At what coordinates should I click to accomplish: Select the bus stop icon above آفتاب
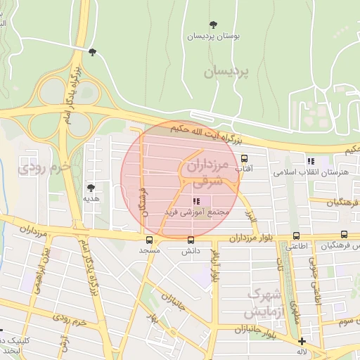click(x=244, y=158)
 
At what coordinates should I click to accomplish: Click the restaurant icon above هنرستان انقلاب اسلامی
click(x=310, y=162)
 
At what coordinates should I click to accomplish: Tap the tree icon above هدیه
click(x=90, y=188)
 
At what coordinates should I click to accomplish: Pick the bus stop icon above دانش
click(x=191, y=239)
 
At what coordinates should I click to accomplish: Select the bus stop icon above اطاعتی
click(x=295, y=236)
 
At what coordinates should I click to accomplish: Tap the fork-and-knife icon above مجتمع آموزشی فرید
click(x=195, y=201)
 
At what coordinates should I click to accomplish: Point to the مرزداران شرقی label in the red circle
click(x=209, y=172)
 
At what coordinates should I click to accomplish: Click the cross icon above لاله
click(x=302, y=341)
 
